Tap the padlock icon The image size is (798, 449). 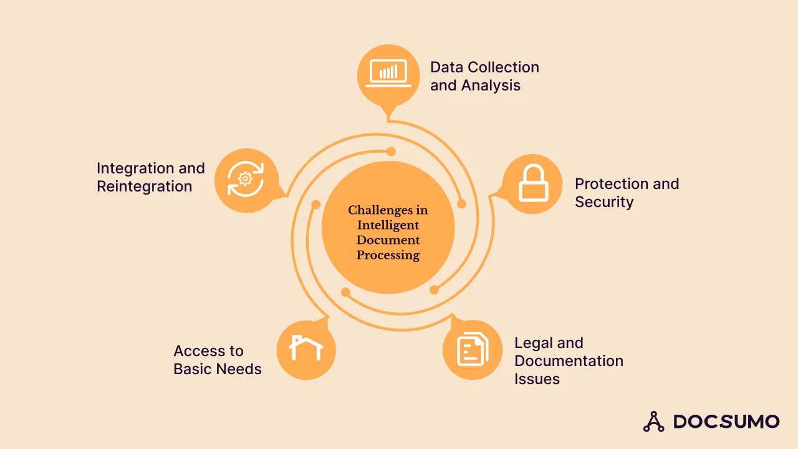click(532, 184)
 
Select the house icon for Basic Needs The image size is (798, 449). click(306, 349)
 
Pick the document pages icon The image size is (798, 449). click(473, 349)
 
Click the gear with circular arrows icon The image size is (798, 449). click(245, 179)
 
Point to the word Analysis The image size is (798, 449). click(493, 85)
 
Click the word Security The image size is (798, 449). click(604, 202)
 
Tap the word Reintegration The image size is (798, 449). click(144, 186)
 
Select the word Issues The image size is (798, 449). click(537, 379)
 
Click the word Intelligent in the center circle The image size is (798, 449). click(388, 225)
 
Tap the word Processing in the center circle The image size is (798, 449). click(388, 255)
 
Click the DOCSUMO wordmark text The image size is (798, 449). click(726, 422)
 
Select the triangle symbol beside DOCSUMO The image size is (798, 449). click(653, 422)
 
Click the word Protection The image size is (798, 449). click(610, 184)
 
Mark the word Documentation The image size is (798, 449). click(569, 361)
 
